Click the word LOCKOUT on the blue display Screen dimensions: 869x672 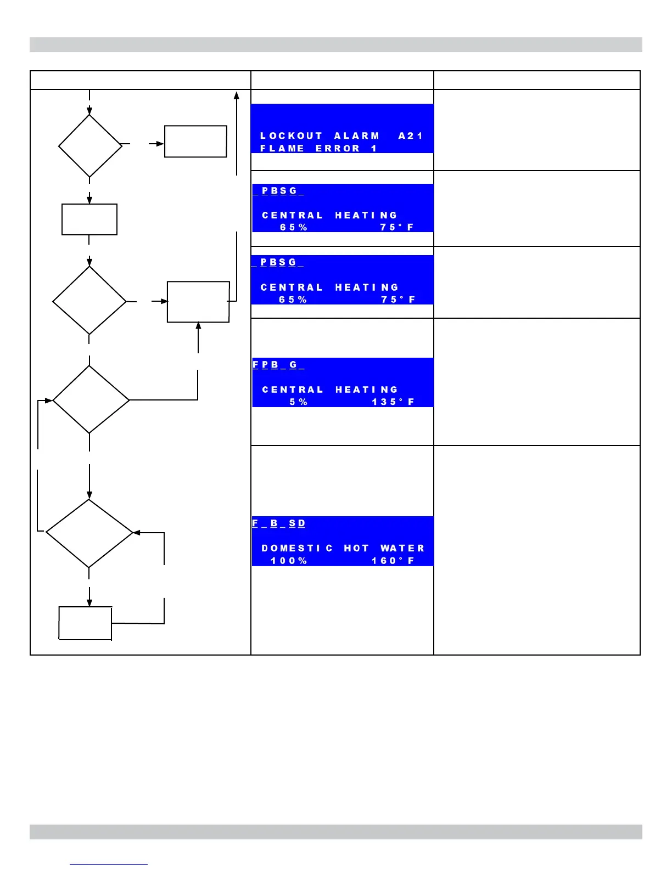[291, 136]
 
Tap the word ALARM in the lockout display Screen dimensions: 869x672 [357, 136]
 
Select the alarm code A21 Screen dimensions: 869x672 [410, 136]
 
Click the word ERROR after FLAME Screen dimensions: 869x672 [338, 148]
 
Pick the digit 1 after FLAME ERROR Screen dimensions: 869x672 [374, 148]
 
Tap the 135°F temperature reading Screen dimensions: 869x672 [393, 402]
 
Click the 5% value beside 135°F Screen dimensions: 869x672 [299, 402]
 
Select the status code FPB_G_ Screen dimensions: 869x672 [278, 365]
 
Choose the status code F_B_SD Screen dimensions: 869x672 [278, 523]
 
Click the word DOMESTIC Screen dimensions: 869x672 [297, 548]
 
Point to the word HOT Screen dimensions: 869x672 [356, 548]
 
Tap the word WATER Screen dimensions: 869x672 [402, 548]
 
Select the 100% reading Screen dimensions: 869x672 [289, 561]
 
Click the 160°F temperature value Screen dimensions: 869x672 [393, 561]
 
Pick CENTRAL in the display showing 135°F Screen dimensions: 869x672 [293, 390]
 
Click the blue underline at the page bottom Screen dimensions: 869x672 [109, 865]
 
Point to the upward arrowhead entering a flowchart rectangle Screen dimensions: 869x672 [198, 326]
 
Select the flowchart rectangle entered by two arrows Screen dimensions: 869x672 [198, 302]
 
